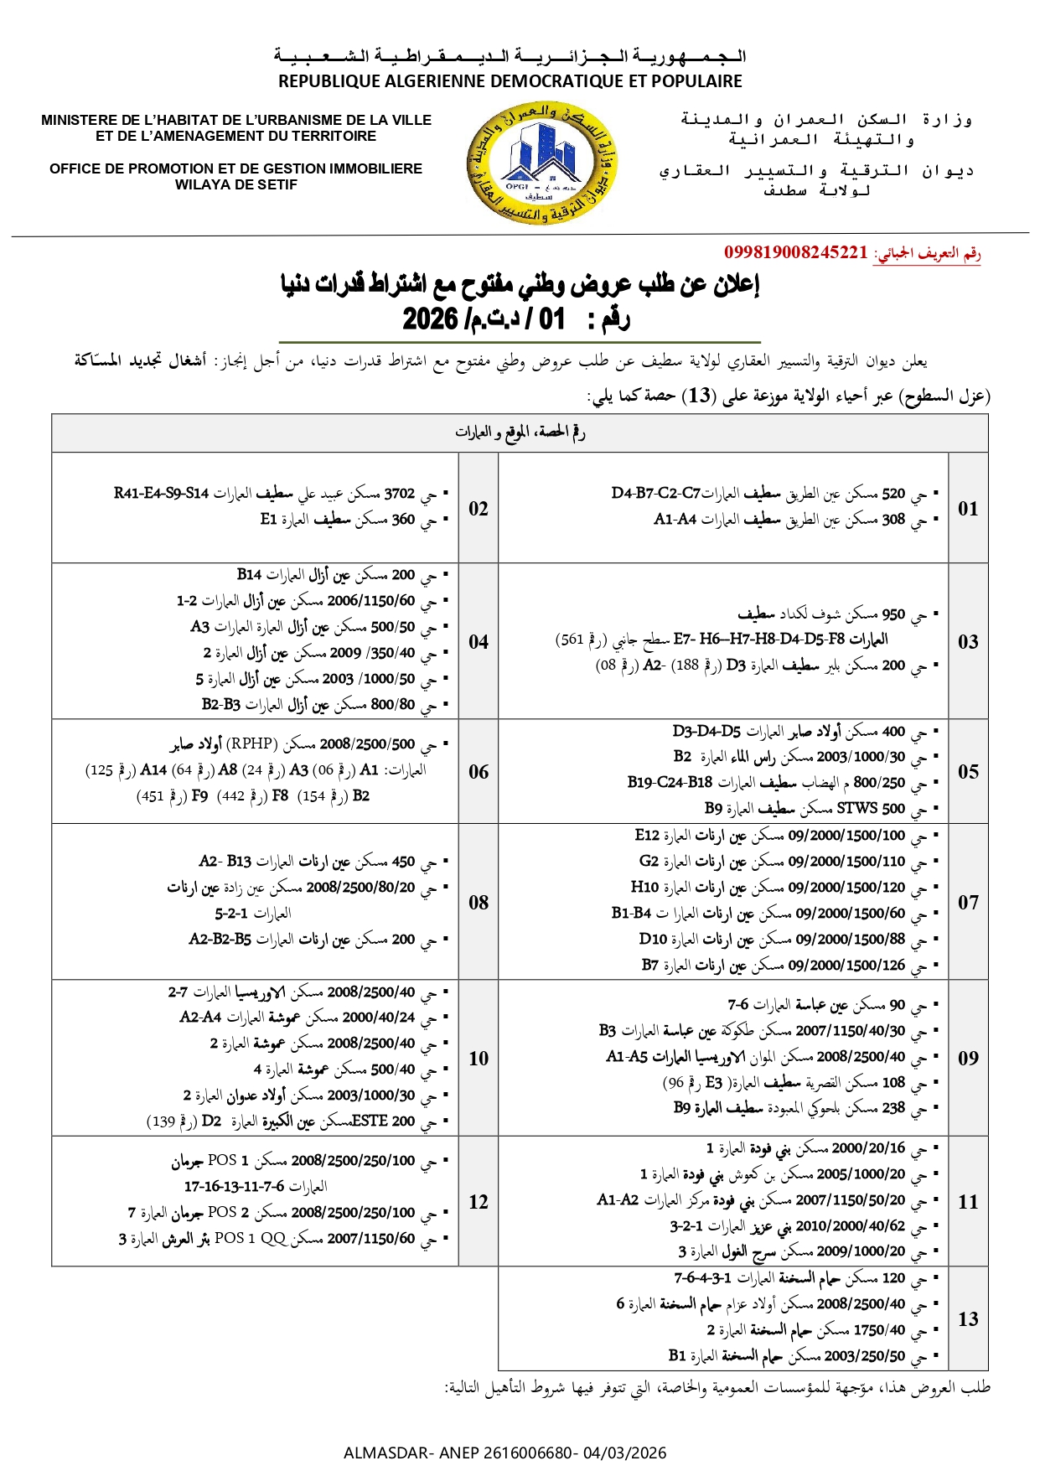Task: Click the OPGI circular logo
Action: point(543,164)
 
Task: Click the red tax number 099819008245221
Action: point(795,253)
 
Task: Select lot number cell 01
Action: point(968,509)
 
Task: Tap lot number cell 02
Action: point(479,509)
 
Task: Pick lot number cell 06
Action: point(479,772)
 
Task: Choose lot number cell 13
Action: point(968,1319)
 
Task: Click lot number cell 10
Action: point(479,1059)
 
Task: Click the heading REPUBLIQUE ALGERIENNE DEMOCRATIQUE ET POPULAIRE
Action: point(510,81)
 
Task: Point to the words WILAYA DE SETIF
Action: point(236,185)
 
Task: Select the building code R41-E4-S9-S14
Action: point(162,494)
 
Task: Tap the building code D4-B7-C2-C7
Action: point(655,494)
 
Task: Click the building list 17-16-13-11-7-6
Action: point(235,1187)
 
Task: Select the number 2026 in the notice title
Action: point(430,319)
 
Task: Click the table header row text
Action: point(520,433)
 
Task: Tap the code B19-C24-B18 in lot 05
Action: point(670,783)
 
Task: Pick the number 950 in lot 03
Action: point(893,614)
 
